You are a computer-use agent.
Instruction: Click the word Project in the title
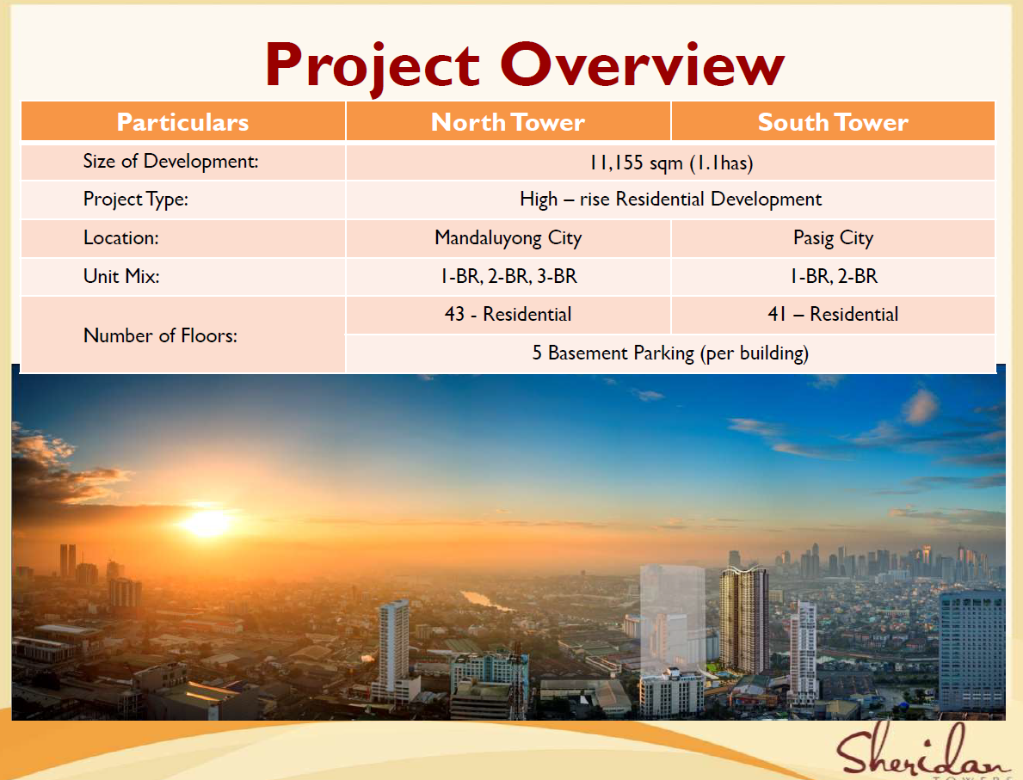pyautogui.click(x=373, y=65)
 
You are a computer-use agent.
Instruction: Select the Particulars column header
pyautogui.click(x=182, y=122)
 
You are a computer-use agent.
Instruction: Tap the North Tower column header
pyautogui.click(x=508, y=122)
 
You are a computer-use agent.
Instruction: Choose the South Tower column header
pyautogui.click(x=833, y=122)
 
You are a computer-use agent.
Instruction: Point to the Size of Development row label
pyautogui.click(x=171, y=161)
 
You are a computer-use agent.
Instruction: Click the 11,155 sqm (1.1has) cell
pyautogui.click(x=671, y=163)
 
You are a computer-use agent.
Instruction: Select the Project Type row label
pyautogui.click(x=136, y=199)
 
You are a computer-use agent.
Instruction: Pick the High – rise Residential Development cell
pyautogui.click(x=671, y=199)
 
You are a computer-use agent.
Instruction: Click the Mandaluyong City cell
pyautogui.click(x=508, y=238)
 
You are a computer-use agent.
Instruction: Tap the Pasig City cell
pyautogui.click(x=833, y=238)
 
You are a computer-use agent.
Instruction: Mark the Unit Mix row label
pyautogui.click(x=121, y=276)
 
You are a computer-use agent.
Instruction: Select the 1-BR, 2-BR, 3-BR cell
pyautogui.click(x=508, y=277)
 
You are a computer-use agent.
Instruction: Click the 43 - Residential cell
pyautogui.click(x=508, y=315)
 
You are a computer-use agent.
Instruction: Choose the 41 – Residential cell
pyautogui.click(x=833, y=315)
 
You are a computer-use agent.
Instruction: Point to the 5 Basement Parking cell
pyautogui.click(x=671, y=353)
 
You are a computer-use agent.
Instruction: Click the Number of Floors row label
pyautogui.click(x=161, y=335)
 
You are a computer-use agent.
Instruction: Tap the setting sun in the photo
pyautogui.click(x=207, y=522)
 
